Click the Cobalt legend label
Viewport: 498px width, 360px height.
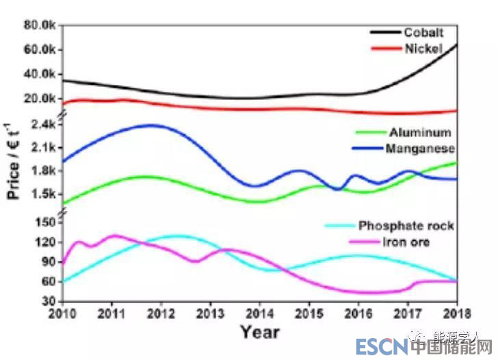tap(423, 32)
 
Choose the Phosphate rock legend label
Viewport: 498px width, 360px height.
tap(406, 226)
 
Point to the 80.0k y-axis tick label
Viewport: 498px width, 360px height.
tap(37, 25)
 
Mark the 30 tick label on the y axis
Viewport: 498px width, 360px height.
tap(49, 301)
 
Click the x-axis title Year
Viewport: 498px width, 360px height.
tap(259, 332)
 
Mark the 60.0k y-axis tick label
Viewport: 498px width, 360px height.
tap(37, 49)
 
